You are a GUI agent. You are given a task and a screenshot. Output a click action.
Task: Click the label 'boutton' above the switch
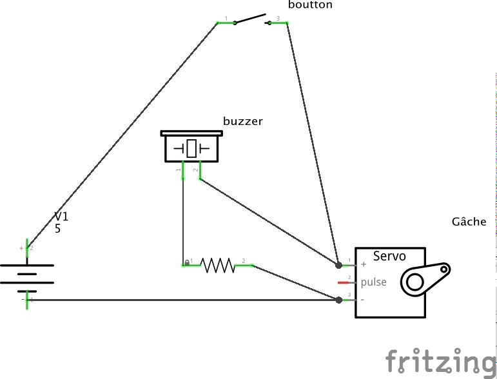pos(311,5)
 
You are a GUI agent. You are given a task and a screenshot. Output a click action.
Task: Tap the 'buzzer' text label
pos(243,121)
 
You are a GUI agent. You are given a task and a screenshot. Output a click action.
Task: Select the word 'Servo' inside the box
pos(389,256)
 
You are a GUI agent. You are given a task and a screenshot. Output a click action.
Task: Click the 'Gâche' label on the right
pos(469,222)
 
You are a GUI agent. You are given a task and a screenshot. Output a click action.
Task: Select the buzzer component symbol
pos(191,148)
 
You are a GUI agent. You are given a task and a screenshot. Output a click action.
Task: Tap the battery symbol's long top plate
pos(26,265)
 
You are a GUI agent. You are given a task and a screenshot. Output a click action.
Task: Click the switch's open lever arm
pos(250,18)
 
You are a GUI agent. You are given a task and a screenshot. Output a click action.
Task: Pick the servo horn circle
pos(413,282)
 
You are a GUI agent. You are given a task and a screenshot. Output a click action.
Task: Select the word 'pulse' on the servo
pos(374,282)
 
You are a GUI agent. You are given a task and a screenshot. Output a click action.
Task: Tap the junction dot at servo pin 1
pos(339,265)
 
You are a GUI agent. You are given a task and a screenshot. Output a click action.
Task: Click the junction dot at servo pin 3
pos(339,300)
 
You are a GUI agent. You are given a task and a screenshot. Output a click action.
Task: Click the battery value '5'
pos(57,229)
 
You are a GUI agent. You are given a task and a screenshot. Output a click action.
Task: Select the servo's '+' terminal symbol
pos(364,265)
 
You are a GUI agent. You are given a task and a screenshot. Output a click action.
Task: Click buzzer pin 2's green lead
pos(200,171)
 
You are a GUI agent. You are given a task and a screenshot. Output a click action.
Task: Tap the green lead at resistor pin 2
pos(245,265)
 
